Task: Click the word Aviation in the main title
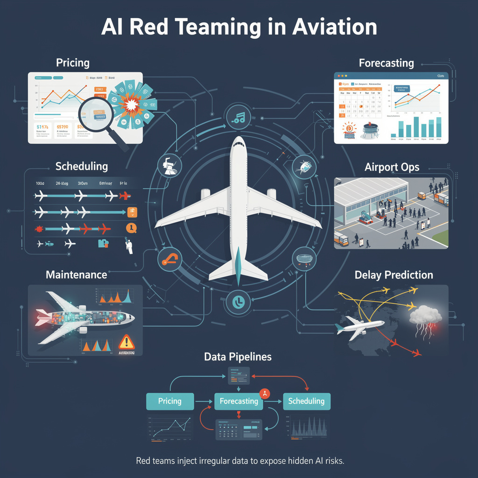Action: [334, 28]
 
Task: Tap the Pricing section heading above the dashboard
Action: [72, 63]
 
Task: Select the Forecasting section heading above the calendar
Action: [386, 63]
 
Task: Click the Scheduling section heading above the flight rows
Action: [81, 166]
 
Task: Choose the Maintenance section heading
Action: [76, 274]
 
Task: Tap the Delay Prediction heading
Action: [394, 275]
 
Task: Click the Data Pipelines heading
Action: [238, 357]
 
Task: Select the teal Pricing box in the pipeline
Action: [170, 401]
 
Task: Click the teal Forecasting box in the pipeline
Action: [239, 401]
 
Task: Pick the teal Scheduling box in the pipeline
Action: [307, 401]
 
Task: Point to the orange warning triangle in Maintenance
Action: [126, 342]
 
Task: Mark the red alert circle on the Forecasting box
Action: [264, 393]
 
